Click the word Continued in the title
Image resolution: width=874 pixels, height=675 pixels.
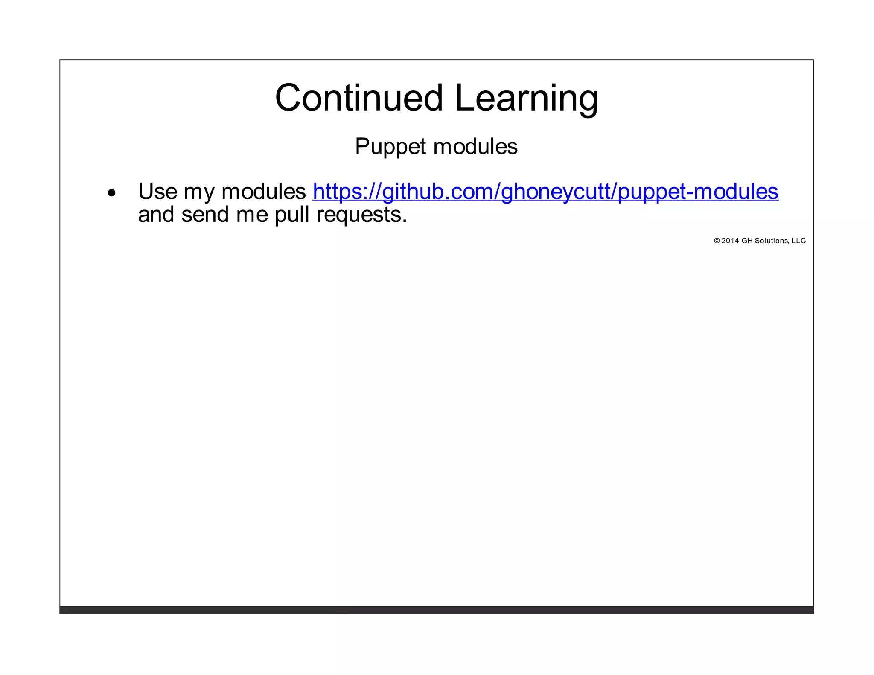tap(359, 98)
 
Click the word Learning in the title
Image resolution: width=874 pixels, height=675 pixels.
tap(526, 99)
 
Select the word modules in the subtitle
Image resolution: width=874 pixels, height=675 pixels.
tap(475, 146)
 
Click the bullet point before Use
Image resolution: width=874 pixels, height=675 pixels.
tap(112, 193)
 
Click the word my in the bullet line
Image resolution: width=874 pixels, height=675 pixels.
tap(199, 193)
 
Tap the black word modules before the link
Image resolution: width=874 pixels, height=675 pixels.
tap(263, 191)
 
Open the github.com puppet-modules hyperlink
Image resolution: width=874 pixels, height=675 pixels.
tap(545, 192)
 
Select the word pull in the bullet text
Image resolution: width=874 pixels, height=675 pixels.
tap(292, 215)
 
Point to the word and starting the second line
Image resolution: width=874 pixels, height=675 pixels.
tap(156, 214)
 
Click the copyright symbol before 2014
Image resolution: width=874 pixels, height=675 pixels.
tap(717, 241)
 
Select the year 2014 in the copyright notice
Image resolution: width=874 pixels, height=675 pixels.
tap(730, 241)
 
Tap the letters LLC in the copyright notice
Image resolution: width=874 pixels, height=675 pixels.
tap(798, 241)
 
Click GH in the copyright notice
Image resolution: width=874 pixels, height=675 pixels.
tap(747, 241)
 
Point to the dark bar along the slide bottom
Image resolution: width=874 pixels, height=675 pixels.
tap(436, 610)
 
